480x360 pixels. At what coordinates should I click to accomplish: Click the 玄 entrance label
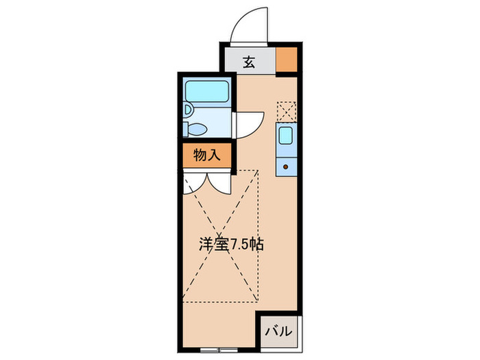[x=248, y=61]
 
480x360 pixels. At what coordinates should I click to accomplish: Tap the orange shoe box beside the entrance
[x=287, y=60]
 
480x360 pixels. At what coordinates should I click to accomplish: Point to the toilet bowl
[x=197, y=128]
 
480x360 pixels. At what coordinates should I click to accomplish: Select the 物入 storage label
[x=206, y=155]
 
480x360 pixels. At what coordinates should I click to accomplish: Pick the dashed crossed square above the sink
[x=287, y=111]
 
